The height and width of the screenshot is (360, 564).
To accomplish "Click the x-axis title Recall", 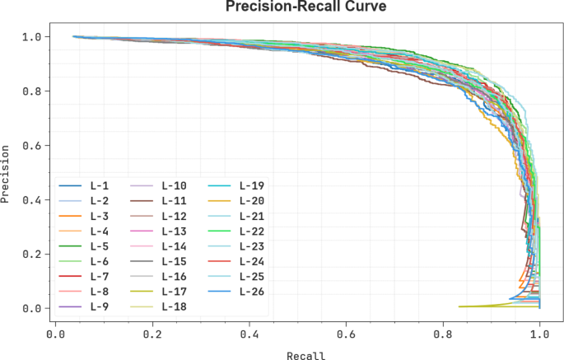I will pos(306,356).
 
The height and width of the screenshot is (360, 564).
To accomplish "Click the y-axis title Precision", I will pos(7,173).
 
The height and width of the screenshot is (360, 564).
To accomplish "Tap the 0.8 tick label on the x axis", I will pos(443,335).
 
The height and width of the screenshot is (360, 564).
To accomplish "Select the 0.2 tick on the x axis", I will pos(152,335).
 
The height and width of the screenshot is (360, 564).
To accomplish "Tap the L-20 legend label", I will pos(251,200).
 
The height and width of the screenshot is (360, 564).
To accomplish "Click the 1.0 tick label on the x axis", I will pos(539,335).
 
